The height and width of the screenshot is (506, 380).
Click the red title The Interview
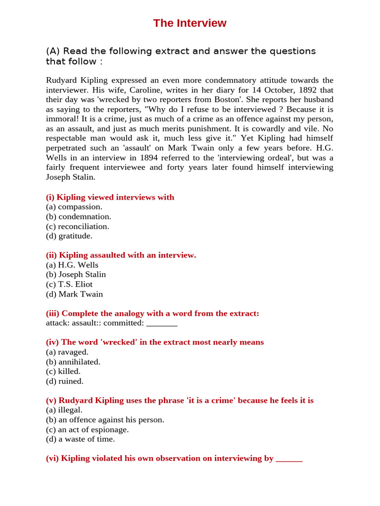point(190,23)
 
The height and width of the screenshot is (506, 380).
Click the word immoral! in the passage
point(63,119)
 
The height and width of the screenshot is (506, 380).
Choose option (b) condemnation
point(79,216)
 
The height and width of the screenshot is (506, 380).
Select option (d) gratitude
point(69,236)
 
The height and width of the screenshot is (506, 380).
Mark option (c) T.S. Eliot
point(69,284)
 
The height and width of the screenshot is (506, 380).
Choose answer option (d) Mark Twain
point(75,294)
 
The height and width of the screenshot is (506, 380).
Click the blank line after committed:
point(162,324)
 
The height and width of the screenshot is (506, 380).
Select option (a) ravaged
point(67,352)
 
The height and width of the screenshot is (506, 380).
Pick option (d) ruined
point(65,381)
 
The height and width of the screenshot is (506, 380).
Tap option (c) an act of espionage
point(88,429)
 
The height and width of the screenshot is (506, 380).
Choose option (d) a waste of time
point(81,439)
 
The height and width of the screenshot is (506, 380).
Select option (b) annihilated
point(73,362)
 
